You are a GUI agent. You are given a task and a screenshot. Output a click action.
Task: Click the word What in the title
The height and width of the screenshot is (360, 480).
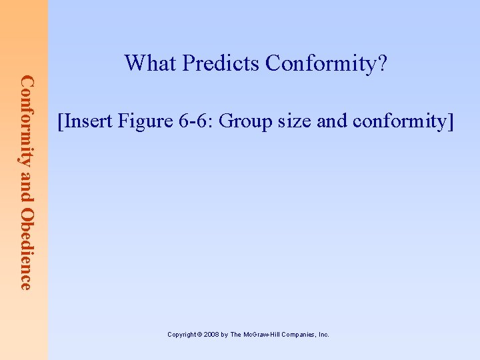151,63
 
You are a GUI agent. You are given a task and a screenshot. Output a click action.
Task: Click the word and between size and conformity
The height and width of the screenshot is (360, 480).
327,121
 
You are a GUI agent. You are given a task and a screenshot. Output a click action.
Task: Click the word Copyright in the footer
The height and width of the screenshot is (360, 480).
182,335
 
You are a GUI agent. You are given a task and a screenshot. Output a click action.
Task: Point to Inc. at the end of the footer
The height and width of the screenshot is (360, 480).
323,335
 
